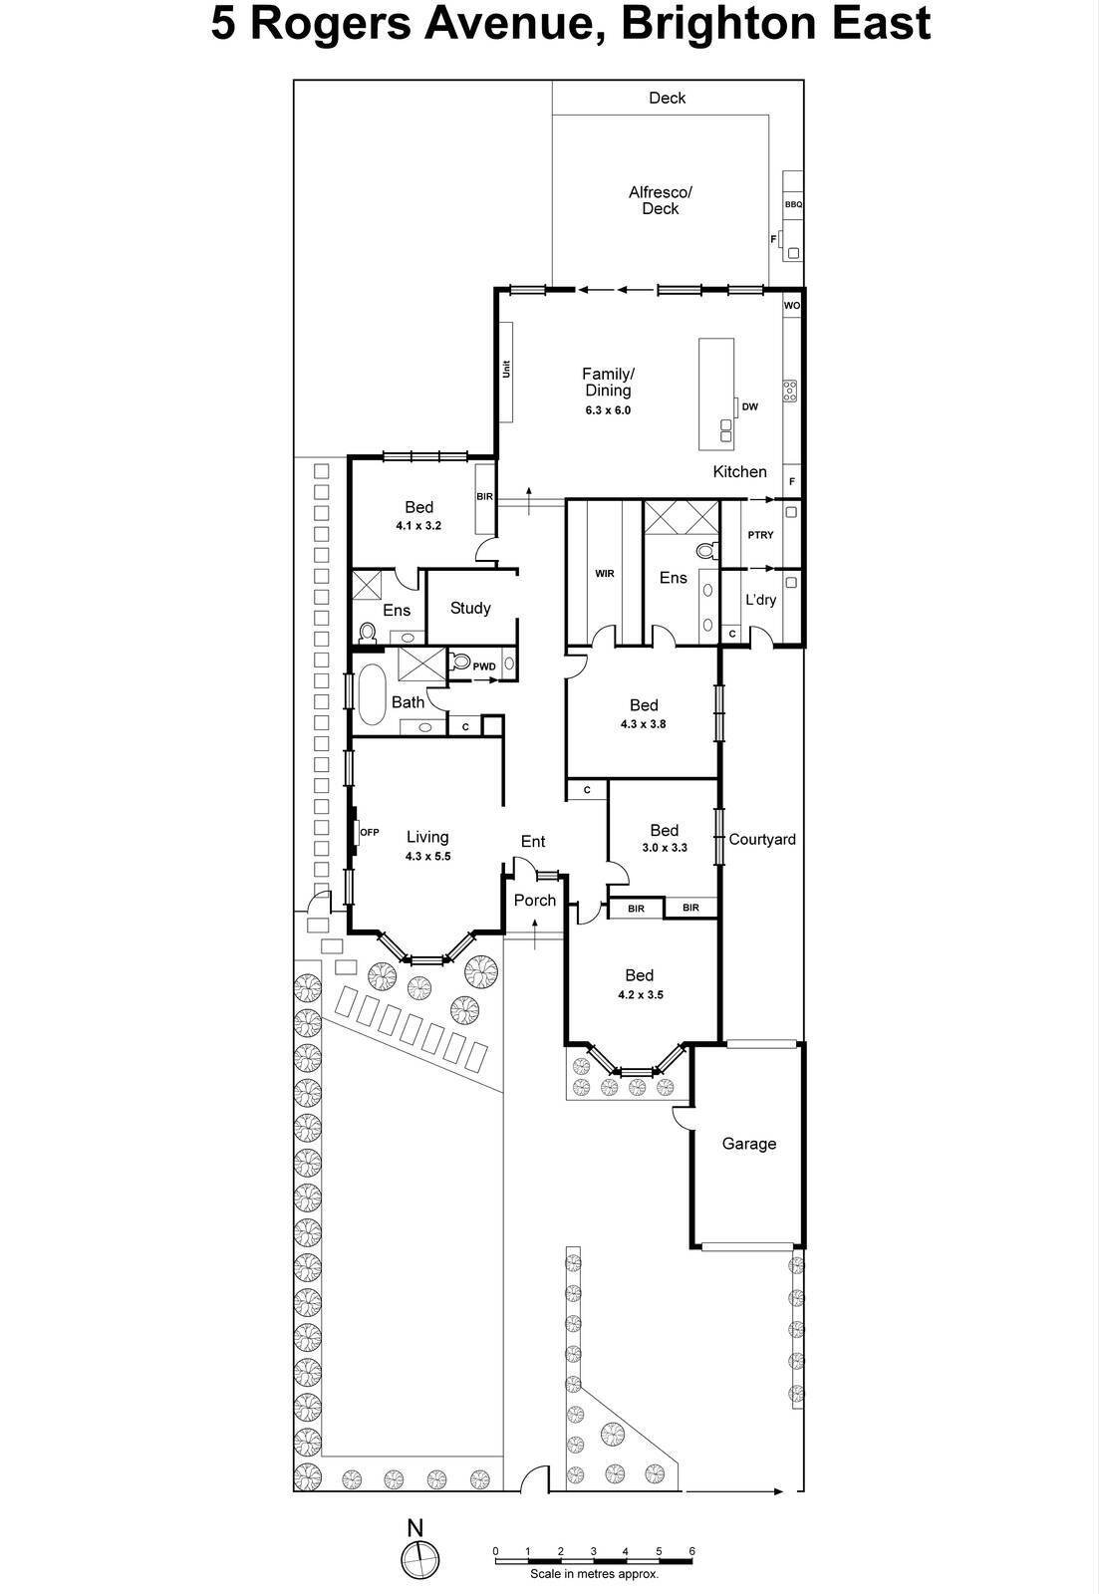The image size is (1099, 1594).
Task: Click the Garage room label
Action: pyautogui.click(x=748, y=1144)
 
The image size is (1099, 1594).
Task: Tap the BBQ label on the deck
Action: pyautogui.click(x=793, y=204)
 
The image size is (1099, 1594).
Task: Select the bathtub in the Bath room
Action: pyautogui.click(x=372, y=694)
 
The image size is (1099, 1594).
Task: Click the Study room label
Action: pyautogui.click(x=470, y=608)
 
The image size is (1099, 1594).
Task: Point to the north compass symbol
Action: pyautogui.click(x=418, y=1558)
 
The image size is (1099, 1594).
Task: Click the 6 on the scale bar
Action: pyautogui.click(x=691, y=1551)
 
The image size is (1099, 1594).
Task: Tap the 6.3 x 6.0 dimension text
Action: pyautogui.click(x=608, y=410)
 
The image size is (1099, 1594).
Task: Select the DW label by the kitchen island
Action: pyautogui.click(x=750, y=406)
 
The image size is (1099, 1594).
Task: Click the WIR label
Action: pyautogui.click(x=604, y=574)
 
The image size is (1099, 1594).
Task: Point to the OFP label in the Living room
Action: pyautogui.click(x=370, y=832)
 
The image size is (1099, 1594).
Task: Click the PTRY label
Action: pyautogui.click(x=760, y=535)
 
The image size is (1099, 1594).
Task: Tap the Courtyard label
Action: pyautogui.click(x=762, y=839)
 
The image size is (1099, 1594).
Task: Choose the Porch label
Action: pyautogui.click(x=535, y=900)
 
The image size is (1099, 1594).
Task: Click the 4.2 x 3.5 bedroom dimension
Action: pyautogui.click(x=640, y=994)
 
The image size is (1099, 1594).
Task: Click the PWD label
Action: pyautogui.click(x=484, y=666)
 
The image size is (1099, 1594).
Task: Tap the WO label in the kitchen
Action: pyautogui.click(x=791, y=306)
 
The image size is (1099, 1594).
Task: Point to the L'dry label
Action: pyautogui.click(x=760, y=600)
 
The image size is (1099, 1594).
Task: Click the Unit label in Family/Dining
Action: pyautogui.click(x=506, y=369)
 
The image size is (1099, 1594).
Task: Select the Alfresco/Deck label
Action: pyautogui.click(x=660, y=200)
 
